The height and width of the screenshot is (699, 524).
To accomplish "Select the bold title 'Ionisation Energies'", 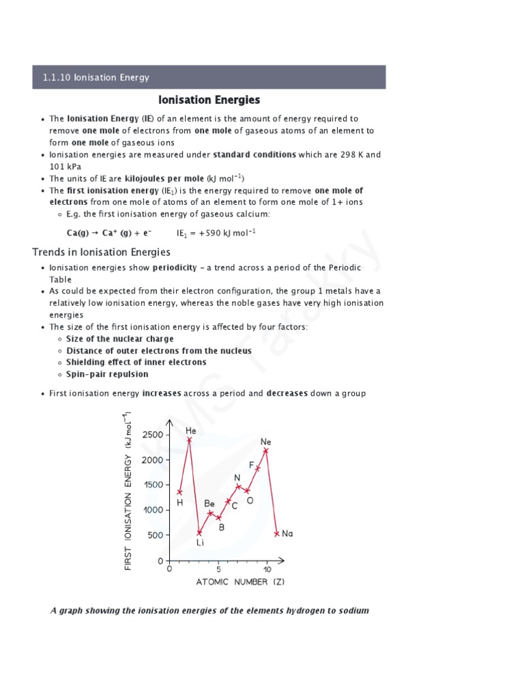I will [x=209, y=100].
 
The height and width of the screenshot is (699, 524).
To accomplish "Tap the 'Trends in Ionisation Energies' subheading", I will [x=102, y=253].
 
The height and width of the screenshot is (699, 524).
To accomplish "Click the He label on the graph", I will [x=191, y=431].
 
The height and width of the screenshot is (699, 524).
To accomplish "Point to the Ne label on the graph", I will [x=266, y=442].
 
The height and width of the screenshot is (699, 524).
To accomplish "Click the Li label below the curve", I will [x=200, y=543].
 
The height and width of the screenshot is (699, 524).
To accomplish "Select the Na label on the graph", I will [x=287, y=534].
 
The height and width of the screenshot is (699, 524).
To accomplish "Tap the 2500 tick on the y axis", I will [x=153, y=435].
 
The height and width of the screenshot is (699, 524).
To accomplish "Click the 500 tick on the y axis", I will [x=155, y=535].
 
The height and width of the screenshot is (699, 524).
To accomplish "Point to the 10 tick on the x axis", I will [x=267, y=570].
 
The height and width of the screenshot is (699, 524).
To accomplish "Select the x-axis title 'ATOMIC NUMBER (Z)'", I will [x=240, y=582].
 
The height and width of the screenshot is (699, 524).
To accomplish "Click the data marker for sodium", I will [x=276, y=534].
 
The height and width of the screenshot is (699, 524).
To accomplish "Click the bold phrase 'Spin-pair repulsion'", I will [x=107, y=374].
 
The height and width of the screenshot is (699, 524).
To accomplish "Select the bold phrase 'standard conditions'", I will [x=254, y=154].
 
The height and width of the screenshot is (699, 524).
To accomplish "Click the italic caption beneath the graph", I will [x=209, y=610].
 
